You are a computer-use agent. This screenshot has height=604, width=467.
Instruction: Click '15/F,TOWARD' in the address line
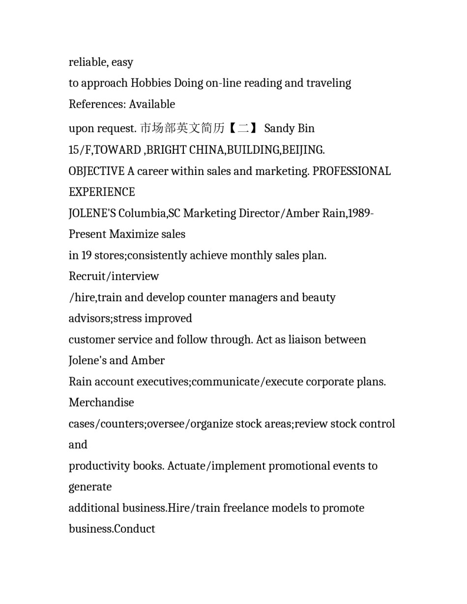(105, 149)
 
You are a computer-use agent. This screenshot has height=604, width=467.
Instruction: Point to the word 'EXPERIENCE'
(102, 192)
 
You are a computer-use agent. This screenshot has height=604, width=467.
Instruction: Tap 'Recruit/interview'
(114, 276)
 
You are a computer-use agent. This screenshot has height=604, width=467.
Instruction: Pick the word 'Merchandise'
(101, 403)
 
